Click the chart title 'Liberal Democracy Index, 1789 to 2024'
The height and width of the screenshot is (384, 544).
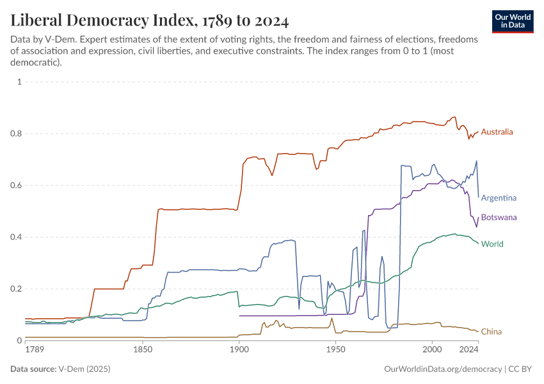tap(150, 20)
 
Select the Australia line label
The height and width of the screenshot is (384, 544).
tap(497, 132)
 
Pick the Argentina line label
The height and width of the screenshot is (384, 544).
tap(499, 198)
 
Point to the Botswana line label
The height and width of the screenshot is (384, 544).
tap(499, 218)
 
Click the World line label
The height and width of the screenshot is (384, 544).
tap(492, 244)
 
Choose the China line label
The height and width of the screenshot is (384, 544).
tap(492, 332)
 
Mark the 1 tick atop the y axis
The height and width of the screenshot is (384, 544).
tap(20, 82)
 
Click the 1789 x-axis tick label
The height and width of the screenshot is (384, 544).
tap(35, 350)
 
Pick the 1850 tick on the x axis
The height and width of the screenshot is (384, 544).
tap(143, 350)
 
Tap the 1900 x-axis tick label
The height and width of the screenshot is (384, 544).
tap(239, 350)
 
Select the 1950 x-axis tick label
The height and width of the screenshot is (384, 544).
tap(335, 350)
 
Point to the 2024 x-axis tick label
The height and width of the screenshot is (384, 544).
tap(469, 350)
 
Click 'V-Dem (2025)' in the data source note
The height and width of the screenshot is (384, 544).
tap(84, 369)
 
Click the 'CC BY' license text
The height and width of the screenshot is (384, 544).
tap(522, 369)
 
